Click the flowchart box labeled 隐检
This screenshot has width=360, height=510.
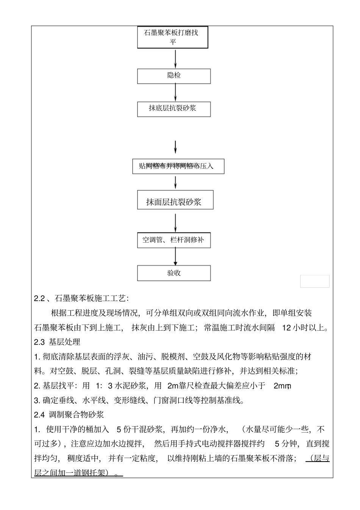click(174, 76)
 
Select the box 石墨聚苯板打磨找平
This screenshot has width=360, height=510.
click(172, 37)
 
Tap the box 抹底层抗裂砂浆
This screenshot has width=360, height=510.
click(174, 109)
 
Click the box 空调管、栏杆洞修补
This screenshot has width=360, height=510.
click(174, 240)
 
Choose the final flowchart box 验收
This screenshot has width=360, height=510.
click(174, 273)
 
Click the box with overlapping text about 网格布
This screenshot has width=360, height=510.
click(178, 166)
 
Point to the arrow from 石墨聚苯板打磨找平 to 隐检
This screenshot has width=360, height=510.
click(175, 58)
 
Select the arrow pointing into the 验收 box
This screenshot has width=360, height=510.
click(175, 257)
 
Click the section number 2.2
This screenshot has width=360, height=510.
click(39, 298)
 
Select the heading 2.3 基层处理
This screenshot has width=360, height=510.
click(57, 342)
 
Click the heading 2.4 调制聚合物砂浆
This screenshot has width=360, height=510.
click(69, 415)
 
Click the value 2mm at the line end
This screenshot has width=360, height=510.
click(282, 386)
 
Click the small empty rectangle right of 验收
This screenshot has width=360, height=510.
click(315, 281)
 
